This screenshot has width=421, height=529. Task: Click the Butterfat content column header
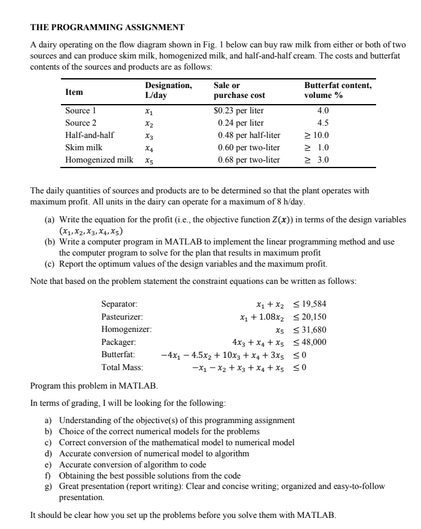(338, 91)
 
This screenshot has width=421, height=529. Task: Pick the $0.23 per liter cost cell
(238, 111)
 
